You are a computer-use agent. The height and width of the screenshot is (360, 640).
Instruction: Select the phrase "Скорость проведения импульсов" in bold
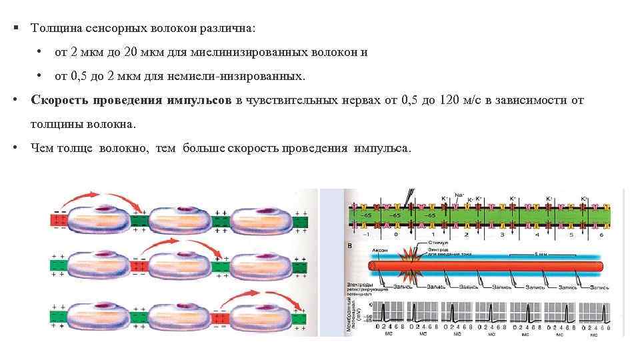click(131, 101)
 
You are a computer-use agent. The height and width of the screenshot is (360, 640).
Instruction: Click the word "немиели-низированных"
click(247, 77)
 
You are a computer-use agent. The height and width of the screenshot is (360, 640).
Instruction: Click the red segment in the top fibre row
click(59, 220)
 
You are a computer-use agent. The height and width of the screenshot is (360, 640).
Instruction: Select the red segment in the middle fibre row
click(139, 267)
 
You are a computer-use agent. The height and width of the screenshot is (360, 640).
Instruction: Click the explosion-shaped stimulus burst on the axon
click(408, 267)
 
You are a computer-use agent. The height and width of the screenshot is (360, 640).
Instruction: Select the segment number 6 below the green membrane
click(601, 235)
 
